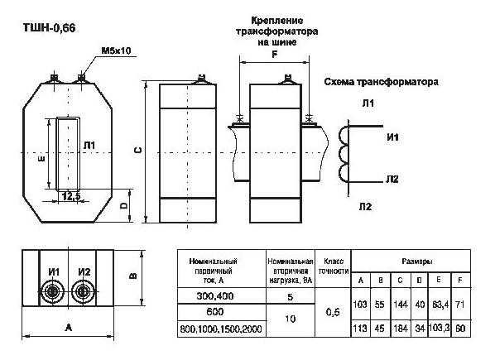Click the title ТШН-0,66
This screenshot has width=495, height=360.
pos(49,28)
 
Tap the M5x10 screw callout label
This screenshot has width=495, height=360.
pos(116,50)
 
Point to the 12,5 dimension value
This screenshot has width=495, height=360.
pos(71,196)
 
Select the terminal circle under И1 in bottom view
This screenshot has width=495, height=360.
pos(52,291)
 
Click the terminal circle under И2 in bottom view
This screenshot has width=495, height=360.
pos(83,291)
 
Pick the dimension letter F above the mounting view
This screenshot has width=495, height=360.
pos(275,55)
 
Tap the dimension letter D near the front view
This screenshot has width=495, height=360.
pos(124,205)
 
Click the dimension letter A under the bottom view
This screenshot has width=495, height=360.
pos(68,328)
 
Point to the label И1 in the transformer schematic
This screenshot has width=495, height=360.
pos(392,137)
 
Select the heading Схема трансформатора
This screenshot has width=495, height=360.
pos(382,82)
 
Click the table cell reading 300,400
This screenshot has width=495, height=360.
pos(215,296)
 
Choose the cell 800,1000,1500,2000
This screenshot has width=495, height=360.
pos(221,329)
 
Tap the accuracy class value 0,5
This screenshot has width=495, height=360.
pos(333,312)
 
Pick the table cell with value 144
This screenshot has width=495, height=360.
pos(401,305)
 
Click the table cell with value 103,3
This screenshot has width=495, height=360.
pos(439,327)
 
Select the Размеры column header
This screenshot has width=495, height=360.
pos(417,262)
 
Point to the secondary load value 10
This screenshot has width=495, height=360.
pos(290,319)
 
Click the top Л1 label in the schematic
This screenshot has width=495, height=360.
pos(368,103)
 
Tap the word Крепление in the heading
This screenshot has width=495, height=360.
pos(277,21)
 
